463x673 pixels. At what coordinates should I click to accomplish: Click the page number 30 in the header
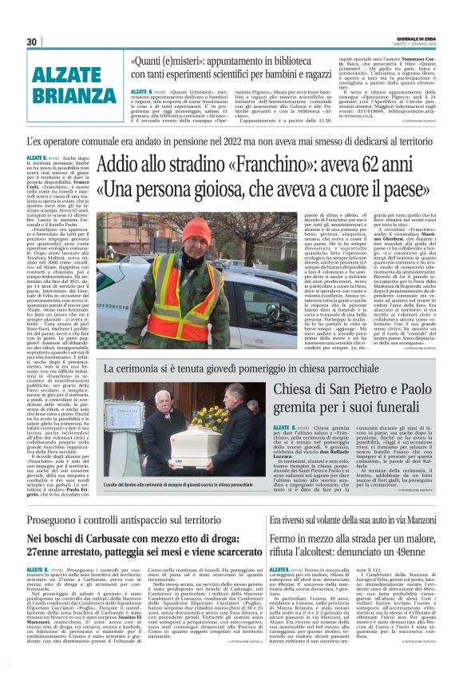tap(31, 42)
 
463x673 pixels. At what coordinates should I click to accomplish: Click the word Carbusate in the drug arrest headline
tap(113, 522)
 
